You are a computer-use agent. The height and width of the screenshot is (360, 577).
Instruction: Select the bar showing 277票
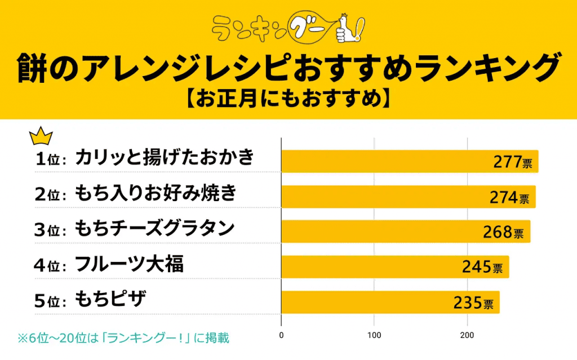pos(410,161)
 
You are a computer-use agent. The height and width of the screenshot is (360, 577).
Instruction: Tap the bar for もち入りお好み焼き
pos(408,197)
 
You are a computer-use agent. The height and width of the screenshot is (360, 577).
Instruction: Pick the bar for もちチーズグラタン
pos(406,232)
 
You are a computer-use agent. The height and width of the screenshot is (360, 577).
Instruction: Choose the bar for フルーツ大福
pos(395,266)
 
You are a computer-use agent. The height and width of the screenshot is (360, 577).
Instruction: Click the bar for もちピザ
pos(390,302)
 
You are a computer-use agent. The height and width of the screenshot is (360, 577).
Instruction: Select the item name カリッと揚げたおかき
pos(165,158)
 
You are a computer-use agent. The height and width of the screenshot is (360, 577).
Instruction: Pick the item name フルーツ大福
pos(129,264)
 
